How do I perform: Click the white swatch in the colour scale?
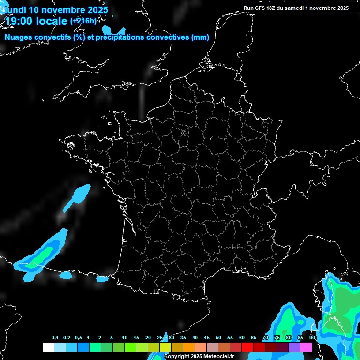(48, 347)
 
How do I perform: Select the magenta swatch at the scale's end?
(306, 347)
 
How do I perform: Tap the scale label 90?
(312, 337)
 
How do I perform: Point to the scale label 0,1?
(55, 337)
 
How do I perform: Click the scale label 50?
(218, 337)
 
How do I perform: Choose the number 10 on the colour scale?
(124, 337)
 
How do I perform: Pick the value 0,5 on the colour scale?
(78, 337)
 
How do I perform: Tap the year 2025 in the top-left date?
(94, 9)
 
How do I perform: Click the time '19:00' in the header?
(19, 21)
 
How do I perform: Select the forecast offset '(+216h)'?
(83, 21)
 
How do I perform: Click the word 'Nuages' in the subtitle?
(19, 37)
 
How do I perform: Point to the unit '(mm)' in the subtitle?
(200, 37)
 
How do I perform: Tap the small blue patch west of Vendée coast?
(78, 197)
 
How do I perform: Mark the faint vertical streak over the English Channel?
(142, 101)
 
